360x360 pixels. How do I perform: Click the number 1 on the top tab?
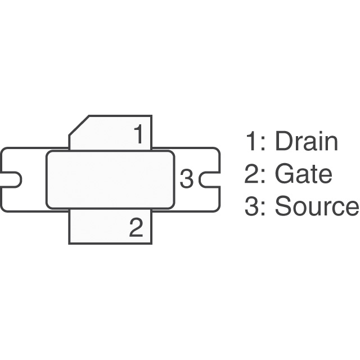(138, 135)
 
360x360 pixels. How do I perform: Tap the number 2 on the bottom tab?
(137, 228)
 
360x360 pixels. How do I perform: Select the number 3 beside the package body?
(186, 179)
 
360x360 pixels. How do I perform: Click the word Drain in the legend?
(306, 142)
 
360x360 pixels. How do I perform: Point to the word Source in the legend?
(316, 207)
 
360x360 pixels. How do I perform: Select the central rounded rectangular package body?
(110, 179)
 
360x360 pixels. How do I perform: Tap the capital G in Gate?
(284, 175)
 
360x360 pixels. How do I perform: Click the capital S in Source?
(283, 207)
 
